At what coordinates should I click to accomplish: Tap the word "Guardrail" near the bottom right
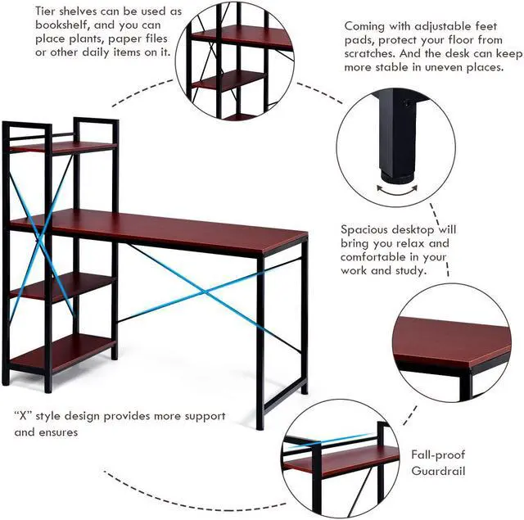(x=438, y=471)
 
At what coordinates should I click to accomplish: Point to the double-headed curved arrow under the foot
(x=395, y=188)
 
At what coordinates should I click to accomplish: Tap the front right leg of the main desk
(x=260, y=344)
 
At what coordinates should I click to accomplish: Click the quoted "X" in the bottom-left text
(x=24, y=416)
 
